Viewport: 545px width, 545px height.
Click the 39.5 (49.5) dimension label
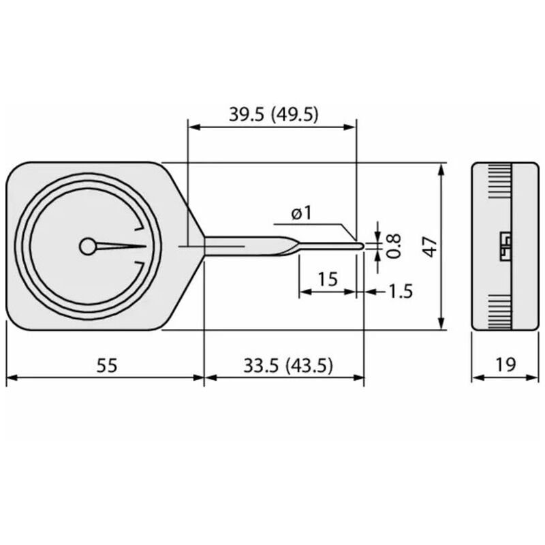[273, 114]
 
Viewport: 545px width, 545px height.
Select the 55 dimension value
[106, 366]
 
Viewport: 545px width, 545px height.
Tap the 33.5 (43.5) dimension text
[287, 366]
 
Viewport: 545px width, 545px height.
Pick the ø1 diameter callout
[300, 213]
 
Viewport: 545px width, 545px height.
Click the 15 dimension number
[327, 279]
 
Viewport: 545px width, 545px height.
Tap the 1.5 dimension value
[401, 292]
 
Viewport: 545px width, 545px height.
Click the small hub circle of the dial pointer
[88, 246]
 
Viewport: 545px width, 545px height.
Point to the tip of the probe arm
[360, 246]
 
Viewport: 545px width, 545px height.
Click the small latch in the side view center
[505, 245]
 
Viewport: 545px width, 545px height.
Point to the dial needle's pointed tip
[145, 246]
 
